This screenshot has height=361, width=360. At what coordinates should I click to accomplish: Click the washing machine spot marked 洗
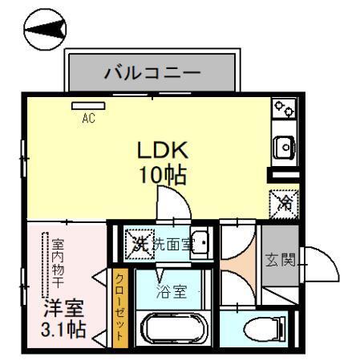(137, 242)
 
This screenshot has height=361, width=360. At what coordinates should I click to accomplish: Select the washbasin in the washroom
(201, 241)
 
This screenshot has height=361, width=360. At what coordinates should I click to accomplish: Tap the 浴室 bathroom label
(172, 291)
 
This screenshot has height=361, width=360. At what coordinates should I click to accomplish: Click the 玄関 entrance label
(281, 260)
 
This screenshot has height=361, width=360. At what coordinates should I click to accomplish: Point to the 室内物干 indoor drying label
(59, 265)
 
